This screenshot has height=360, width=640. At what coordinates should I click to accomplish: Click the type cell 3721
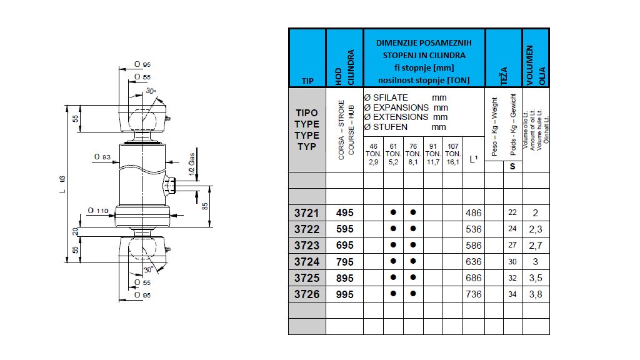(306, 213)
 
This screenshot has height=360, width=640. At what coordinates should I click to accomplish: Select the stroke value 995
(344, 294)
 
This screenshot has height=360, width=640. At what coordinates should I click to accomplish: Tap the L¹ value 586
(474, 246)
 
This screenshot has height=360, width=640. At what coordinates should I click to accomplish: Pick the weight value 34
(512, 294)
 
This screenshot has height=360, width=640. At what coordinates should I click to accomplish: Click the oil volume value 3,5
(536, 278)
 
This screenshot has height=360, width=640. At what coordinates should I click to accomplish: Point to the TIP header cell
(307, 81)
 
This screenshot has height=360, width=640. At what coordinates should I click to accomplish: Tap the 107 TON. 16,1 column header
(453, 154)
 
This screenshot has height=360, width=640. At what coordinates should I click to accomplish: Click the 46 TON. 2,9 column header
(373, 154)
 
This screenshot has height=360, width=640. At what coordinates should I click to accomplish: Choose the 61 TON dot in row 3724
(393, 262)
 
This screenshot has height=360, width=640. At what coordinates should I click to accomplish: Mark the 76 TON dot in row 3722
(413, 229)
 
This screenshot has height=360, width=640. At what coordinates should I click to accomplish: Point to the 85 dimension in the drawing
(206, 206)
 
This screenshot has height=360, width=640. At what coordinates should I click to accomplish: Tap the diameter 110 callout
(99, 211)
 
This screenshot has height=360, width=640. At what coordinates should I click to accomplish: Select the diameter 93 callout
(102, 156)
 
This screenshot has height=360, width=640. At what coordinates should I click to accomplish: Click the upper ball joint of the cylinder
(142, 117)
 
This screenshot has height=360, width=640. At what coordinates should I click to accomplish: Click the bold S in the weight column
(512, 166)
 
